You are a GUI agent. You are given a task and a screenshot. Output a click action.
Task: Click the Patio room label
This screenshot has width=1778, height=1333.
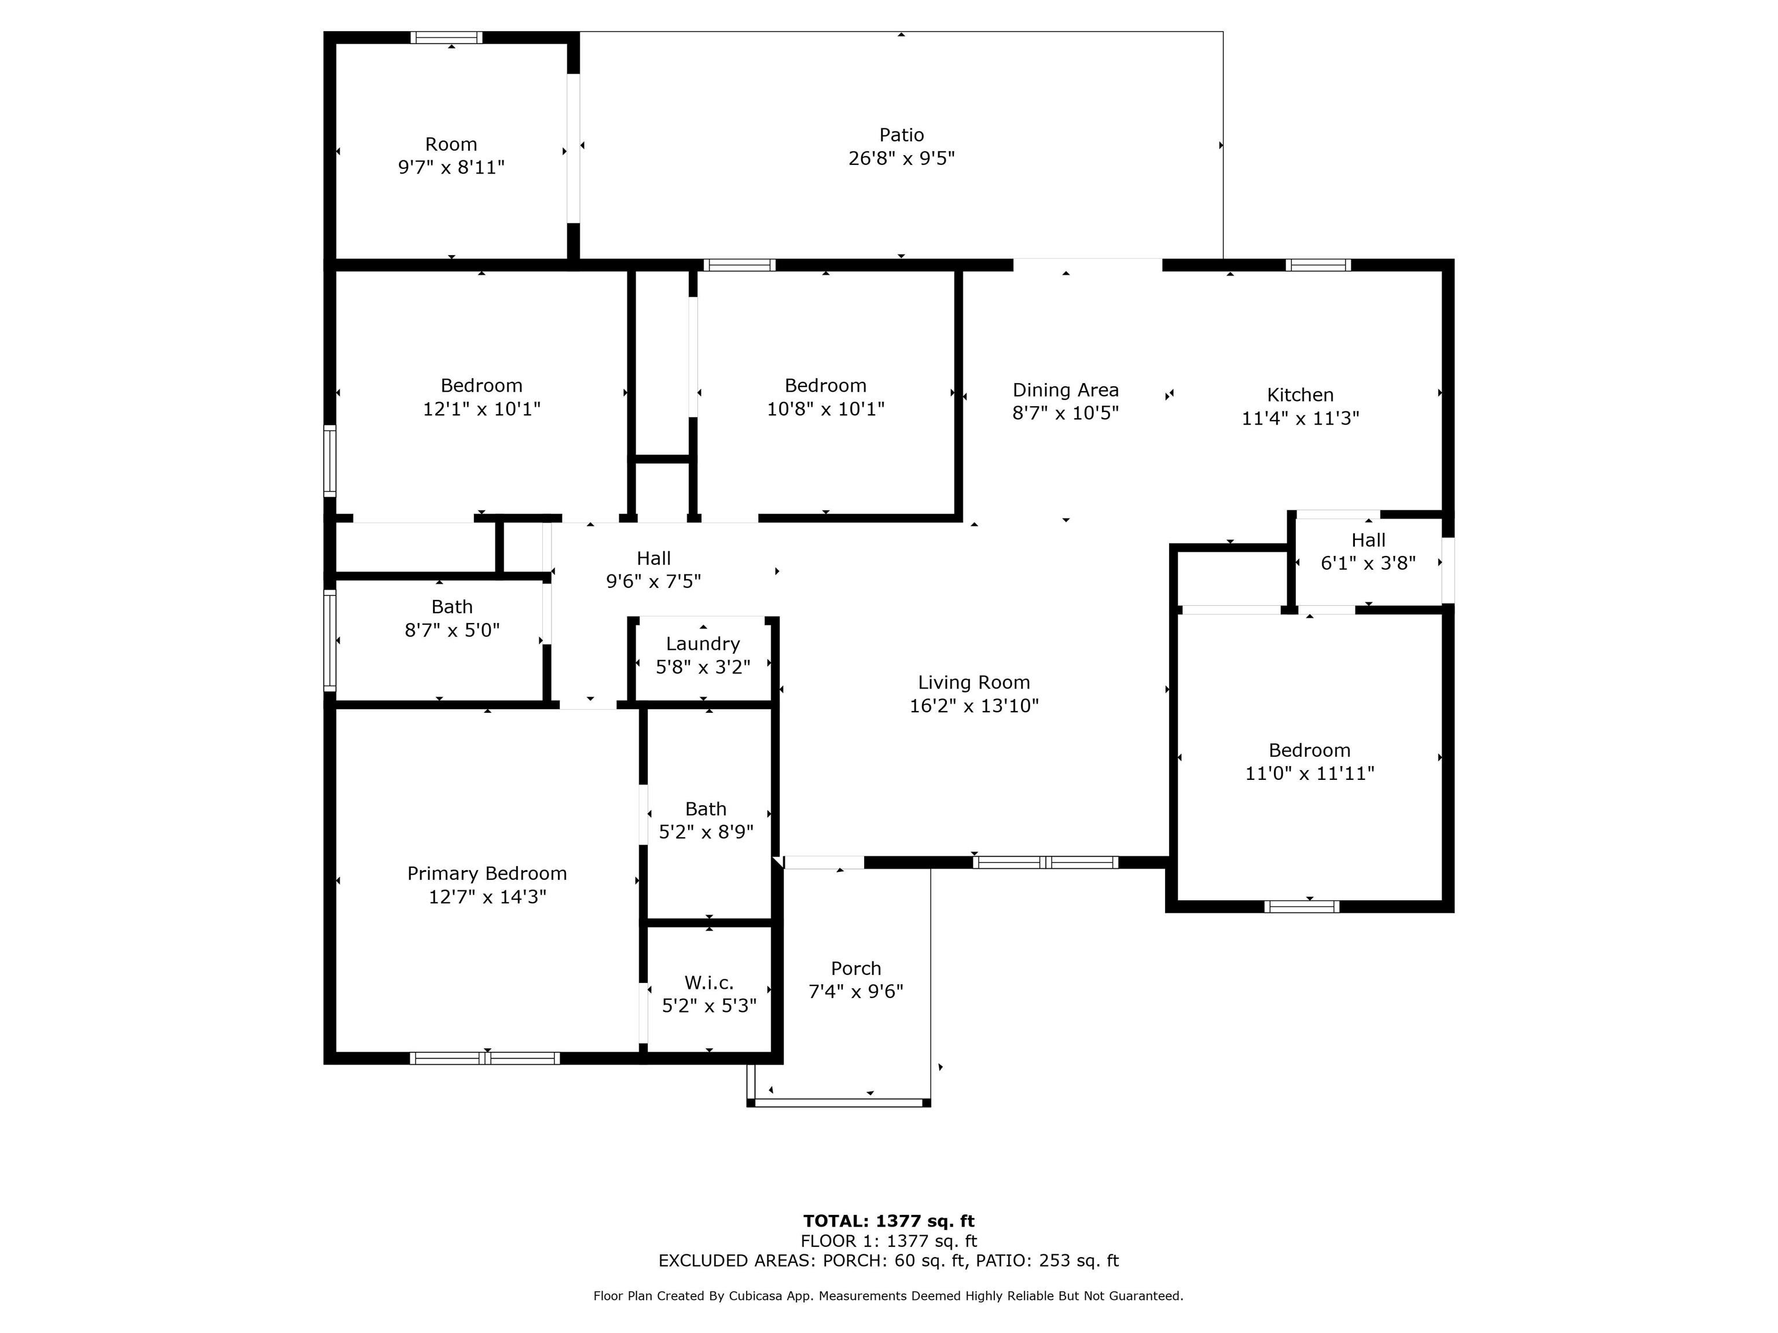coord(901,135)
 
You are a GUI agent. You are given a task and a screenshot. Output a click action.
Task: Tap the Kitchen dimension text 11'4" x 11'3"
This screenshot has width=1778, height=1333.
coord(1300,418)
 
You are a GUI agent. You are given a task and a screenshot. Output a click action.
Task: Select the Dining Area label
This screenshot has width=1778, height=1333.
coord(1065,390)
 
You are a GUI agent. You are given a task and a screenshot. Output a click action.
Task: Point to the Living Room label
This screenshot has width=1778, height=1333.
coord(974,682)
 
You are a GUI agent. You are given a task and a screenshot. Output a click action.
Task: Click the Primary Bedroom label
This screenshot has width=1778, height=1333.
coord(487,874)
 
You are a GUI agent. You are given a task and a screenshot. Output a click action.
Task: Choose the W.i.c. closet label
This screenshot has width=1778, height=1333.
coord(709,982)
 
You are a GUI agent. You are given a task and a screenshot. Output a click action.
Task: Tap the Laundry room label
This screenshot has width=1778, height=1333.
coord(703,643)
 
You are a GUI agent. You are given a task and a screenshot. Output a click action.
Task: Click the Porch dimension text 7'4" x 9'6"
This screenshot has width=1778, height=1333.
coord(855,992)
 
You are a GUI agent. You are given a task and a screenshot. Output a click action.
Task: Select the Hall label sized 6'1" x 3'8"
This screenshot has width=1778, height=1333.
coord(1368,540)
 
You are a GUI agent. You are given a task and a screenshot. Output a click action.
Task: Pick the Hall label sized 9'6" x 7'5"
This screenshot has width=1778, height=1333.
coord(653,558)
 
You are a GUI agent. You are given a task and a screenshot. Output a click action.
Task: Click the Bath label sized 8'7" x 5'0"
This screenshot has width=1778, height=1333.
coord(451,607)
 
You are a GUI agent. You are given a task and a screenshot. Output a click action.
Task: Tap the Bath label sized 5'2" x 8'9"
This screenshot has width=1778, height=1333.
coord(706,809)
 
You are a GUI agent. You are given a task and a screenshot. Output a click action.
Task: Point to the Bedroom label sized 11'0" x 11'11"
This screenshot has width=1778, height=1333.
coord(1309,750)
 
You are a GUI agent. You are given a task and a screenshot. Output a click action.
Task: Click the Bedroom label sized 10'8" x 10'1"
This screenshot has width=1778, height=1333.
coord(825,386)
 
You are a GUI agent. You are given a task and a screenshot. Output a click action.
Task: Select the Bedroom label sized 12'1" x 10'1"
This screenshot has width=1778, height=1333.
coord(482,386)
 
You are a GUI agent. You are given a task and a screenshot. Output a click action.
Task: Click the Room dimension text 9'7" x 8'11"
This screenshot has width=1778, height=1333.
coord(451,167)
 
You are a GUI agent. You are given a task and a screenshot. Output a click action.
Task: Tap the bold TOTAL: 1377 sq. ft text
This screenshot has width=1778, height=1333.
coord(888,1221)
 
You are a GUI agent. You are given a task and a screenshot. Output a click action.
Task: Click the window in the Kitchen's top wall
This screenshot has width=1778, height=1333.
coord(1318,265)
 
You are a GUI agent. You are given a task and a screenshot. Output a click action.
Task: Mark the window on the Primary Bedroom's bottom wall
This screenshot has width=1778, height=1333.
coord(484,1058)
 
